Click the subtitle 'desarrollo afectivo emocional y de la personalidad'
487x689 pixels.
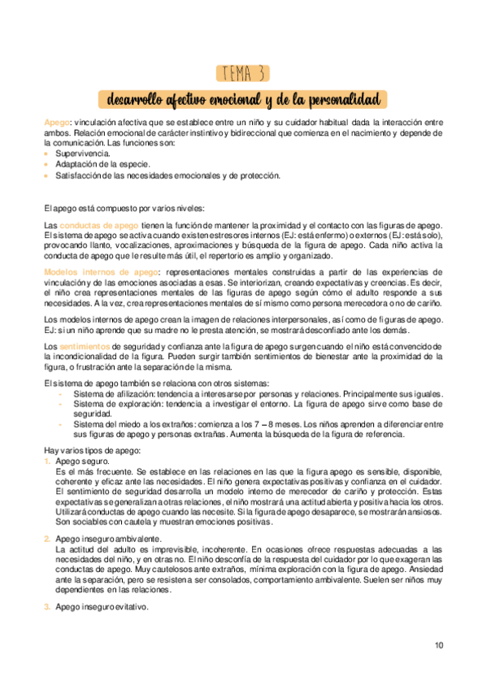[x=243, y=100]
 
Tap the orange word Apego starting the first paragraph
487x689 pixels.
[x=58, y=122]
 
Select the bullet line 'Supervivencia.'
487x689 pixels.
[x=82, y=154]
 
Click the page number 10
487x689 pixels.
[x=439, y=646]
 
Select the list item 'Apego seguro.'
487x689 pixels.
[x=83, y=461]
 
